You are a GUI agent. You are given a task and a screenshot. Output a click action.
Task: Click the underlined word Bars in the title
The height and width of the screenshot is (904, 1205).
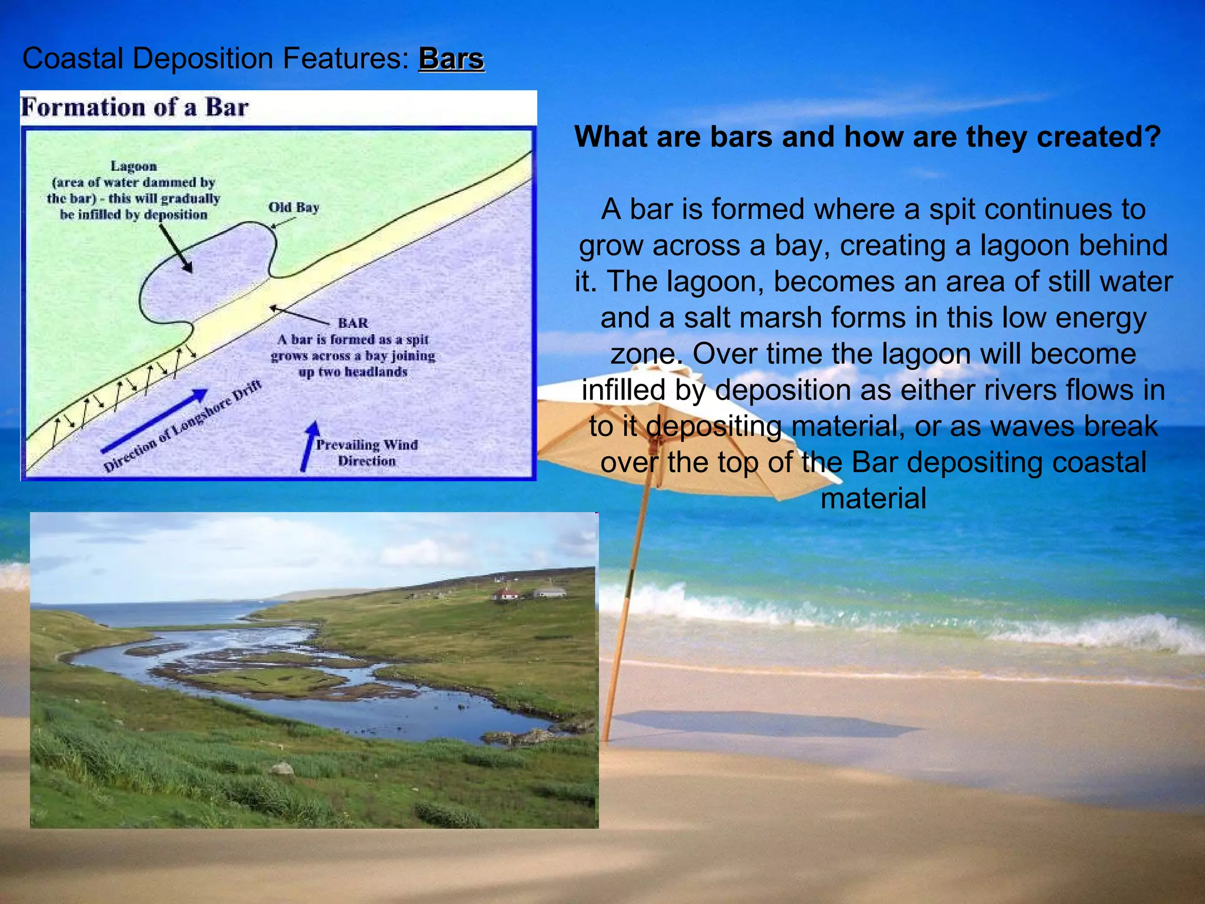451,59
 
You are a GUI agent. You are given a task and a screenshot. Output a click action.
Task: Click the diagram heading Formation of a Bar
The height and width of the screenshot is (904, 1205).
135,108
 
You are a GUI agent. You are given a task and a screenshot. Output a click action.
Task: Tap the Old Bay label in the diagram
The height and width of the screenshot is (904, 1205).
294,207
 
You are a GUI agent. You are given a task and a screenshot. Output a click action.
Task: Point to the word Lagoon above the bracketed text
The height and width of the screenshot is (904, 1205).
134,167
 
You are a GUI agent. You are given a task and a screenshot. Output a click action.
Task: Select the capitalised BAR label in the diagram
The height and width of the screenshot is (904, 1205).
353,323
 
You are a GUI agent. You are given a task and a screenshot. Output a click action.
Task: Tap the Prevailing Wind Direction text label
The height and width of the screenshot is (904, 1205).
367,453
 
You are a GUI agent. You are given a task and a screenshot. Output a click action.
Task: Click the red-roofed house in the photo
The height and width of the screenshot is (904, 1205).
505,594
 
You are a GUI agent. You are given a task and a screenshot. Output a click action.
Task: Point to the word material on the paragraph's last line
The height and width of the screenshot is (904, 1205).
873,498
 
